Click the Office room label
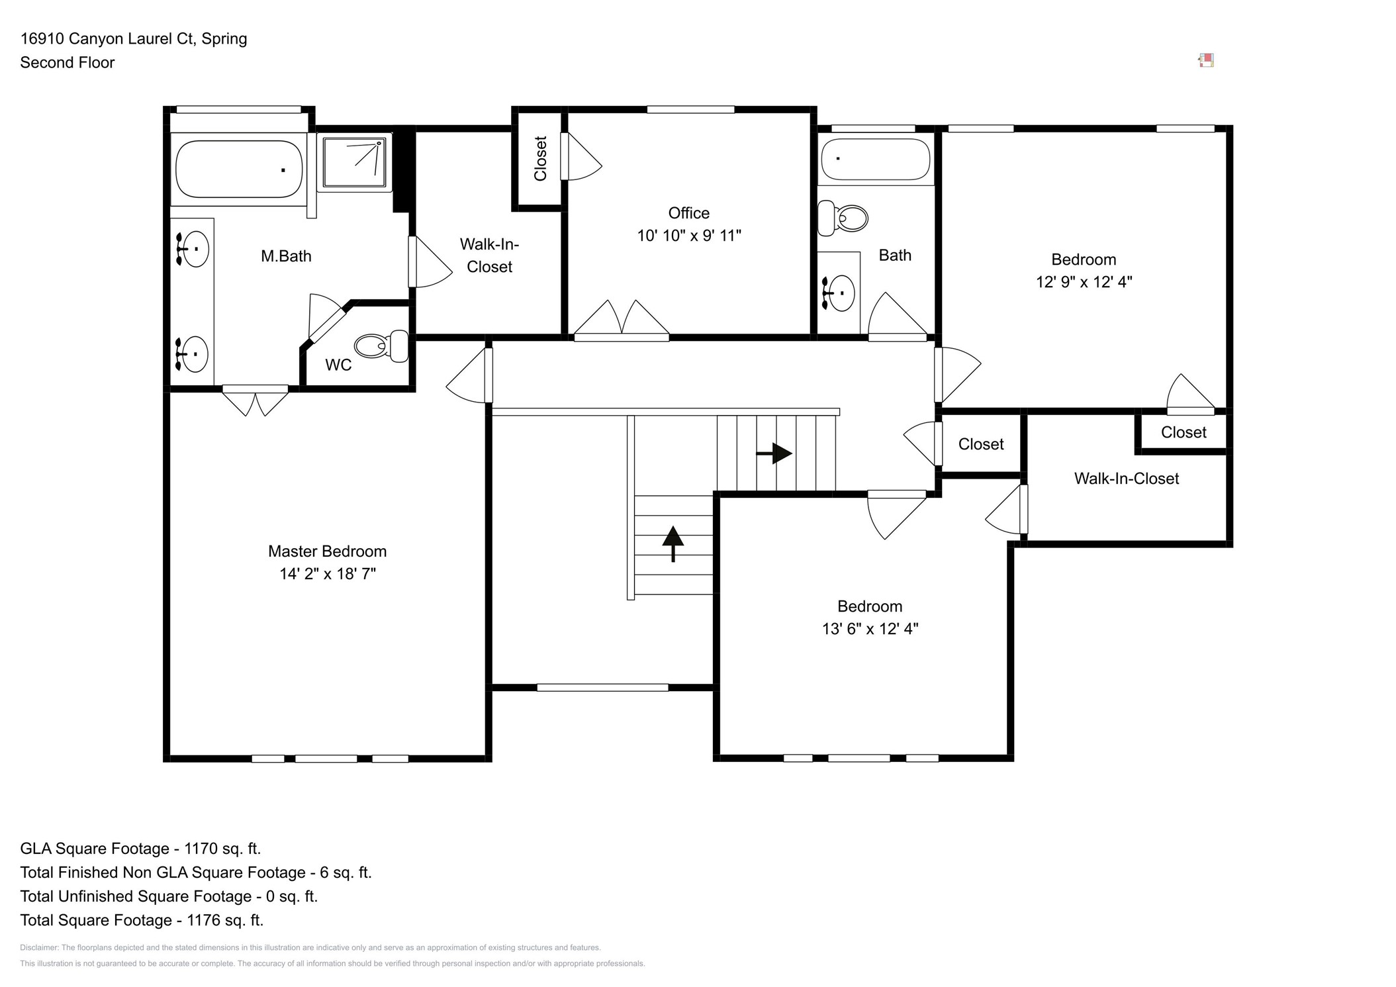pos(688,213)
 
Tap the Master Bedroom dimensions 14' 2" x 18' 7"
pos(327,574)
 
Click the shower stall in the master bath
pos(354,162)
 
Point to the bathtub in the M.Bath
pos(239,169)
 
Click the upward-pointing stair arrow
pos(673,543)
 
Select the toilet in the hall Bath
pos(843,218)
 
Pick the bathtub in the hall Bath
pos(876,159)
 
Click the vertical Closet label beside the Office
pos(540,159)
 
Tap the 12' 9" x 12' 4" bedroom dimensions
pos(1084,282)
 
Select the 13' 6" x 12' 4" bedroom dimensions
pos(870,629)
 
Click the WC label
pos(338,365)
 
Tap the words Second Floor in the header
pos(68,63)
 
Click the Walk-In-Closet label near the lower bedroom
pos(1126,479)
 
